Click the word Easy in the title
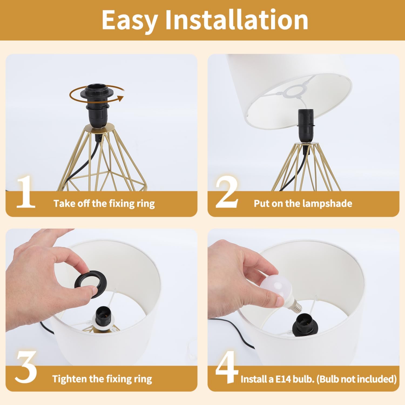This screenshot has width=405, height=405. coord(130,21)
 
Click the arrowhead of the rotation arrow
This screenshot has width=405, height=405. coord(120,99)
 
